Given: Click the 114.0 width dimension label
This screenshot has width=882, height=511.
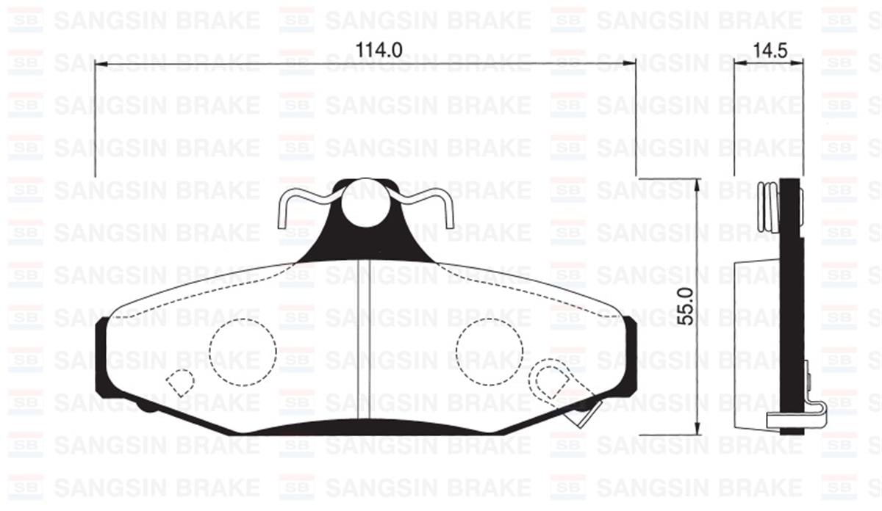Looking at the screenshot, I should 379,50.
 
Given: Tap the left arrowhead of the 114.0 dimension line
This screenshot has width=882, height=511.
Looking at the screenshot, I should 101,65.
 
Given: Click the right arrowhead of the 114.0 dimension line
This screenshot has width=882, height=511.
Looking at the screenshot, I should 630,65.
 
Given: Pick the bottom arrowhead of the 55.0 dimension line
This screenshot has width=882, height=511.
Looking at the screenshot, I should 697,430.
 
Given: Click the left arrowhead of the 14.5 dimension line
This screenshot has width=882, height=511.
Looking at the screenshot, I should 739,65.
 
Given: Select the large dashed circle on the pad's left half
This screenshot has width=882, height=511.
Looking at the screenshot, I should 242,352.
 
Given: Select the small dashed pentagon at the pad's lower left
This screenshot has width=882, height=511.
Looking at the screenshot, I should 179,381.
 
